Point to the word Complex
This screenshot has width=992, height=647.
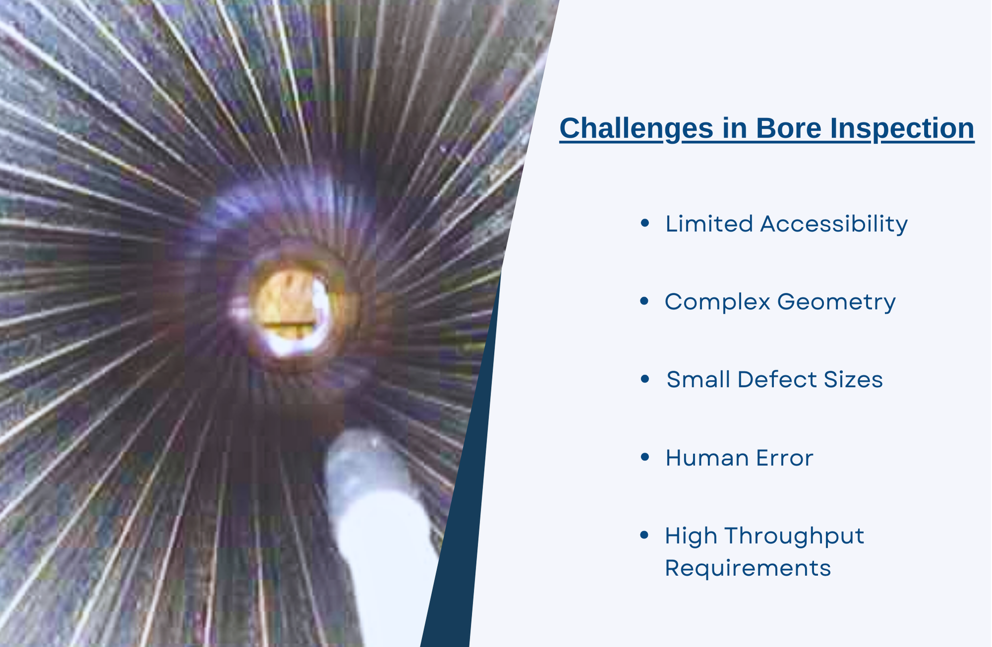[717, 302]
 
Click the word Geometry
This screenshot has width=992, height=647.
[836, 302]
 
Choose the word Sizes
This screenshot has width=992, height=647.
[853, 380]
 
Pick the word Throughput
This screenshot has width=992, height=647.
[794, 536]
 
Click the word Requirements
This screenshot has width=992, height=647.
[747, 568]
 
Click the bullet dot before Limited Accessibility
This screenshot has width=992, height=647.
[645, 223]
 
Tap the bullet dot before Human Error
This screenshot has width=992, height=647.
[645, 456]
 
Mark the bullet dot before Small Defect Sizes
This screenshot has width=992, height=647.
[645, 379]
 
